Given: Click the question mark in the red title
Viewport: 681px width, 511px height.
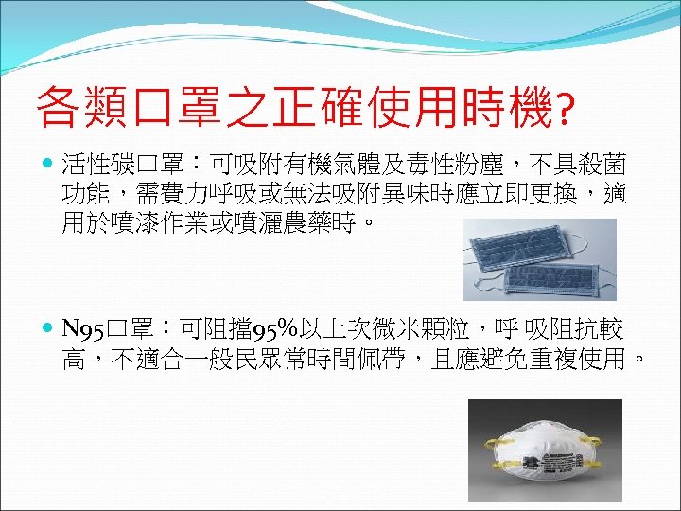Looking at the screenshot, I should (565, 111).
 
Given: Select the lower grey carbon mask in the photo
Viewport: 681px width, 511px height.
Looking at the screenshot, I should (553, 275).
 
